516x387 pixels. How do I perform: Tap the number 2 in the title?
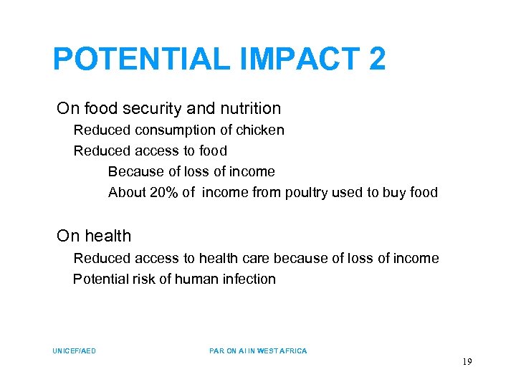click(377, 59)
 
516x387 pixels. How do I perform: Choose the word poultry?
click(308, 192)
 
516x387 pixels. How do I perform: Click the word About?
click(127, 192)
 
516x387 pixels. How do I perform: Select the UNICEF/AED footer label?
click(75, 351)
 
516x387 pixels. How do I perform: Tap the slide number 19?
click(467, 363)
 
